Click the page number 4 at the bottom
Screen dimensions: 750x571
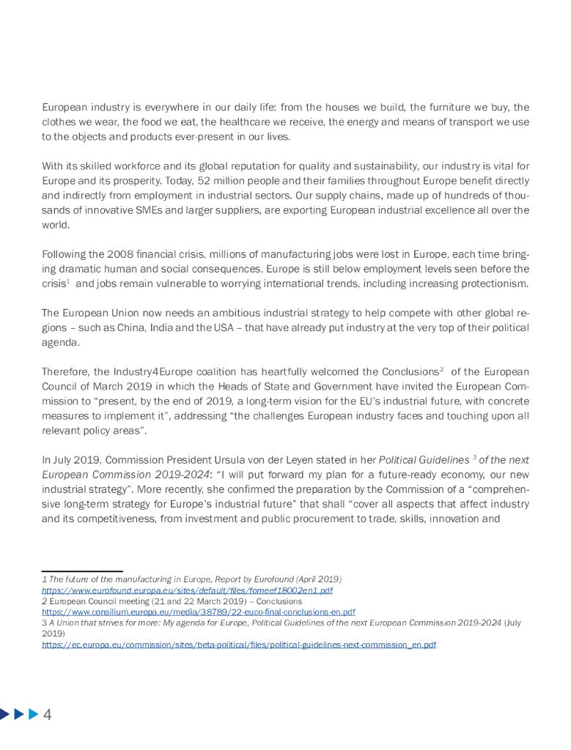[x=48, y=714]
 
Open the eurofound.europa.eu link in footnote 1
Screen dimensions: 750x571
[x=187, y=590]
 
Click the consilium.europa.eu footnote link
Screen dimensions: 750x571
[x=198, y=612]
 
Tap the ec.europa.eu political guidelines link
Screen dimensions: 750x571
[x=239, y=645]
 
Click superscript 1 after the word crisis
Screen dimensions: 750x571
[x=67, y=281]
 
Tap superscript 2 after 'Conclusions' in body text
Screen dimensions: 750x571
[x=441, y=369]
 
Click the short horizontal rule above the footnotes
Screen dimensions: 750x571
[x=82, y=571]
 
